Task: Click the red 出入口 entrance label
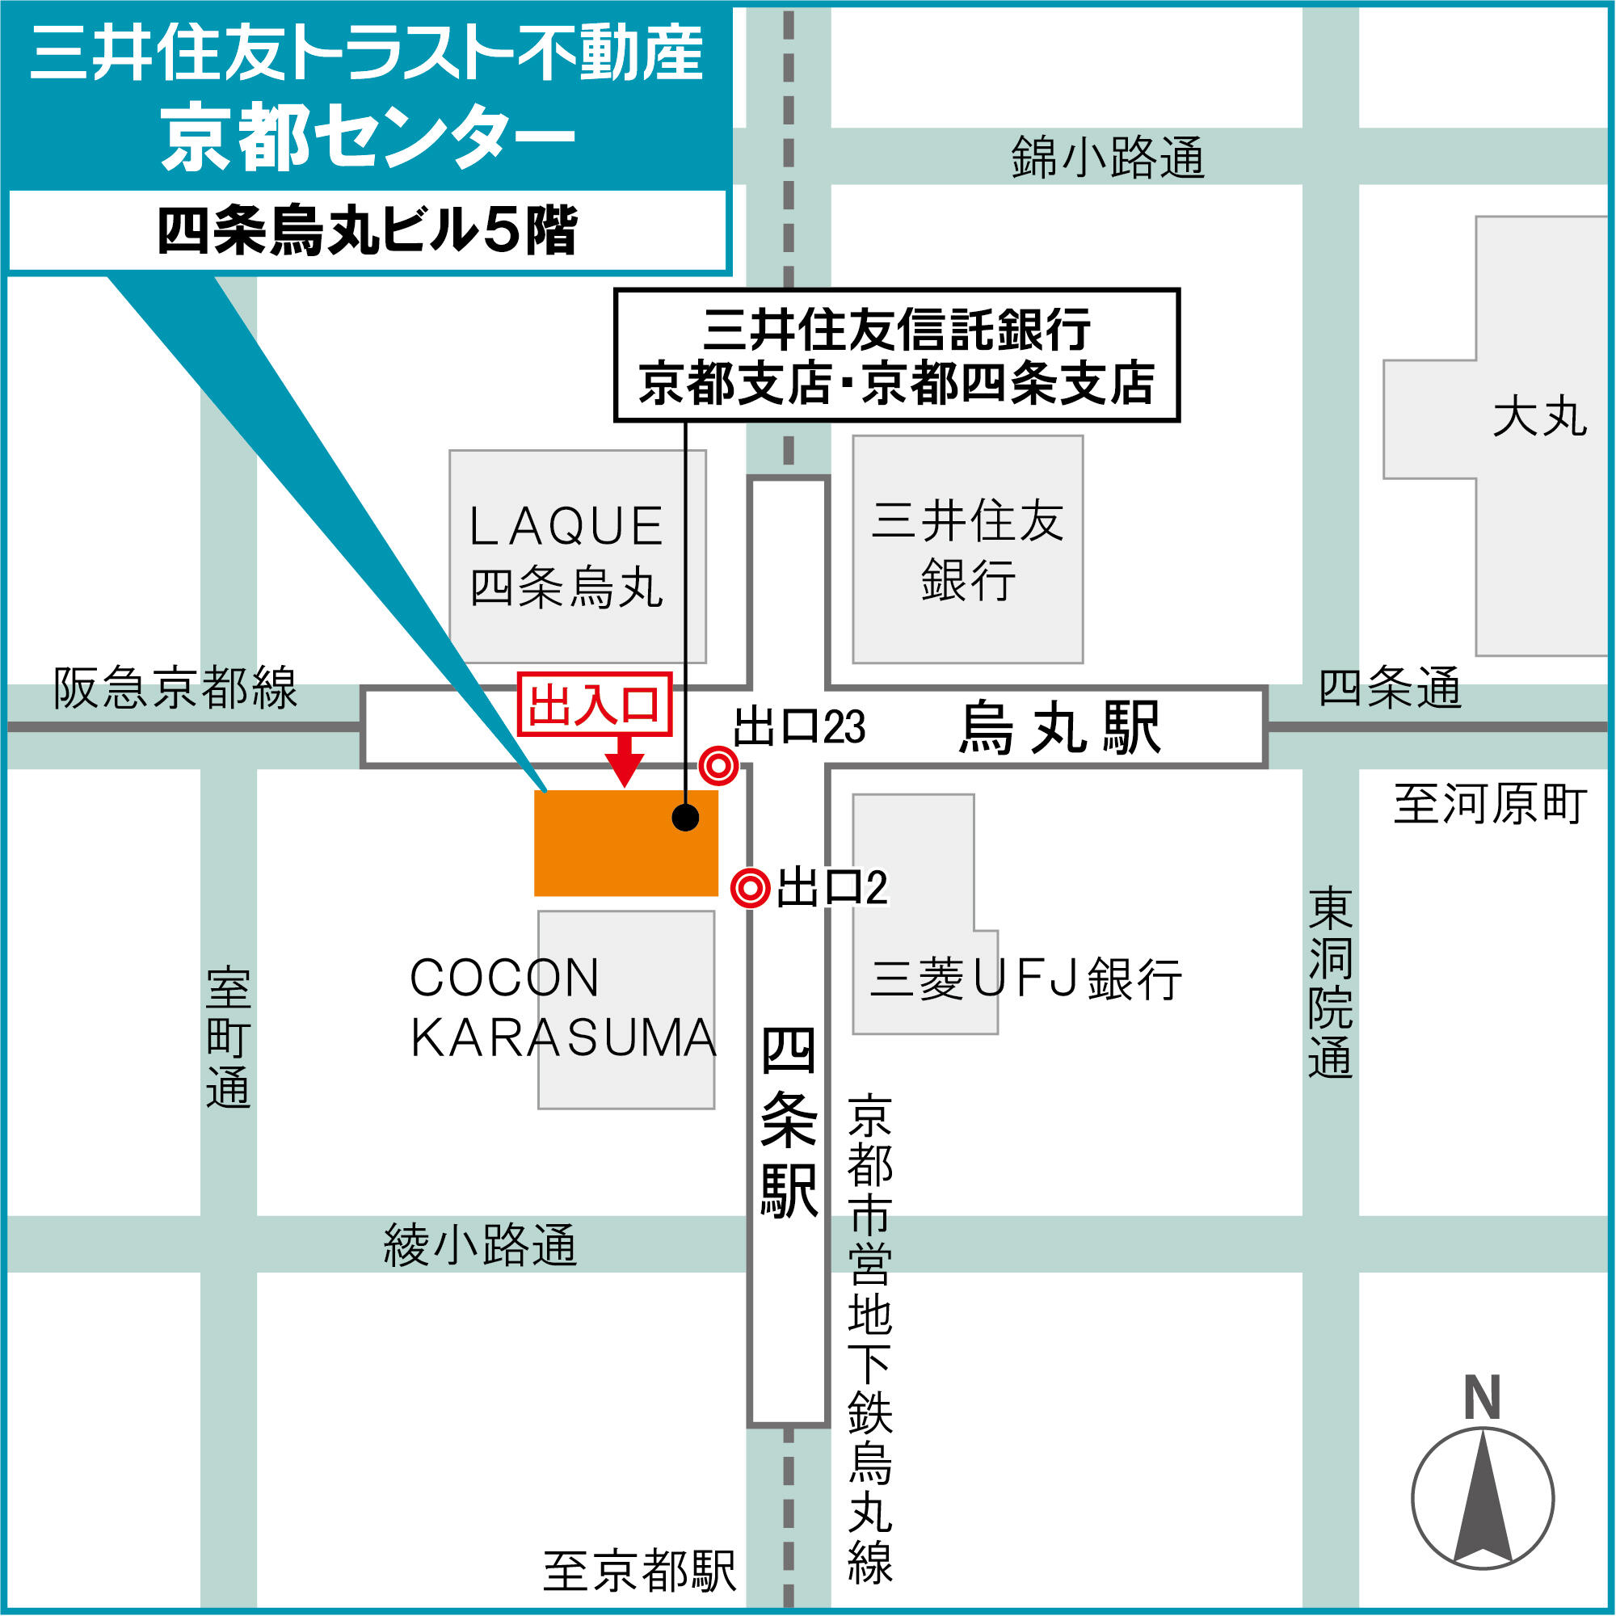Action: tap(594, 705)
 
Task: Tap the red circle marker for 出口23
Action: tap(718, 765)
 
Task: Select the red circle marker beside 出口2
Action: tap(750, 887)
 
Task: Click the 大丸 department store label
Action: tap(1540, 418)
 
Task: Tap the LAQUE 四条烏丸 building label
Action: tap(566, 556)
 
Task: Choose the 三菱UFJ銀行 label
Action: tap(1025, 978)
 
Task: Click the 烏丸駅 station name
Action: tap(1060, 728)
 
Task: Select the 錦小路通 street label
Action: tap(1108, 158)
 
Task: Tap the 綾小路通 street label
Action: tap(480, 1244)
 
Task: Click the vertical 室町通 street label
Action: tap(229, 1038)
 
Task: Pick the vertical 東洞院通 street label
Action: tap(1331, 983)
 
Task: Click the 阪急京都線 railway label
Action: tap(175, 688)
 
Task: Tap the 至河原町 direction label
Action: tap(1490, 804)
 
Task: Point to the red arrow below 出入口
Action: tap(624, 763)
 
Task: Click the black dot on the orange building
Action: tap(685, 817)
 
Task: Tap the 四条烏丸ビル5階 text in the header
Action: tap(367, 231)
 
